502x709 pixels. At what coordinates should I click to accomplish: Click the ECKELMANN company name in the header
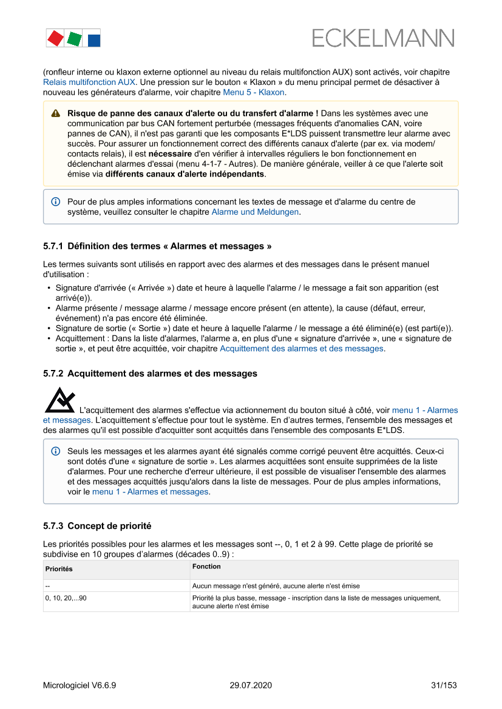tap(383, 38)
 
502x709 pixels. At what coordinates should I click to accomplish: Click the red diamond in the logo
tap(55, 38)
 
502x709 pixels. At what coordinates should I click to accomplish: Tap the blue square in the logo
tap(94, 40)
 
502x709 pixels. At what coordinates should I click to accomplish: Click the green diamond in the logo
tap(74, 39)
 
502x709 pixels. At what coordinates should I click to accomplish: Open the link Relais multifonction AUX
tap(89, 82)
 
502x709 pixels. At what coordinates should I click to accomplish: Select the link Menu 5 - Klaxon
tap(254, 92)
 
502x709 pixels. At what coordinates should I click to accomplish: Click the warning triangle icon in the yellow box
tap(56, 113)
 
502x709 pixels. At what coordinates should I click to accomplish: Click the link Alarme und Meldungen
tap(255, 212)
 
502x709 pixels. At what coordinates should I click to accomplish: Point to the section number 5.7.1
tap(53, 246)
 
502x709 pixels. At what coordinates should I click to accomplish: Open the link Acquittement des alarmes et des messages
tap(301, 349)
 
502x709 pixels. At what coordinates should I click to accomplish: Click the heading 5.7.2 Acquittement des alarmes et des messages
tap(150, 374)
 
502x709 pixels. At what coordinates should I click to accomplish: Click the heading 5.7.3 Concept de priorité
tap(97, 525)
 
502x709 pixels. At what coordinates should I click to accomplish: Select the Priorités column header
tap(59, 570)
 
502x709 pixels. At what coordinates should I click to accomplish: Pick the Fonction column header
tap(206, 566)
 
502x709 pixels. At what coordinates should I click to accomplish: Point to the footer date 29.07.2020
tap(251, 685)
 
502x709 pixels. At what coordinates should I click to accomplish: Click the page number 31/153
tap(443, 685)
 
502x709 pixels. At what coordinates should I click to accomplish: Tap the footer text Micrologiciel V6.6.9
tap(80, 685)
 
